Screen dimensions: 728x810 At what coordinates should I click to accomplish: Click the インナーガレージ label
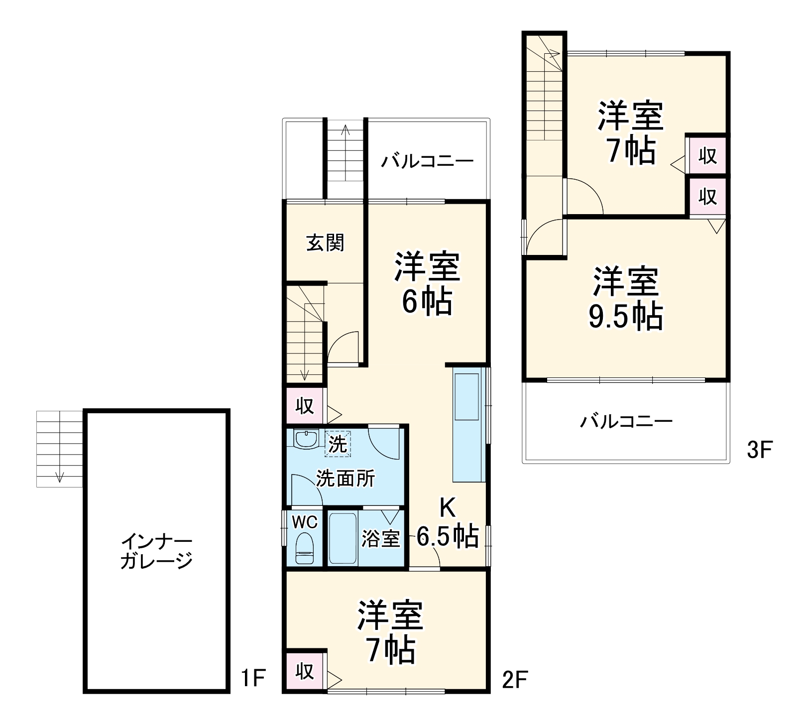(156, 551)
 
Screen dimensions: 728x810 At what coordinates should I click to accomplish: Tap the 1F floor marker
(253, 678)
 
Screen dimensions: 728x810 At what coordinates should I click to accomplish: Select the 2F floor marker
(514, 679)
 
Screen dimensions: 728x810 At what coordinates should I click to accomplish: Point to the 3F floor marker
(759, 450)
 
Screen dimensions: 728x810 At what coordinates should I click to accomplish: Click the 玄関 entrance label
(325, 243)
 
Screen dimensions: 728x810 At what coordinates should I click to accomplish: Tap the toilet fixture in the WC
(304, 548)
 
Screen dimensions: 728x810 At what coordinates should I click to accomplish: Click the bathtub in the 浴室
(343, 538)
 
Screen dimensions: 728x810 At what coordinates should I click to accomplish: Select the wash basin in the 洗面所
(306, 439)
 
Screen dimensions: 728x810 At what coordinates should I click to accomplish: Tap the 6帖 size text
(427, 301)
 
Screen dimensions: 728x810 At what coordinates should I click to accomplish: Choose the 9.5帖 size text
(626, 317)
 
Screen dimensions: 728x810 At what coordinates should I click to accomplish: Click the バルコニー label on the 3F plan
(626, 422)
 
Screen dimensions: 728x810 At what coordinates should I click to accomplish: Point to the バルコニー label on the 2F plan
(427, 161)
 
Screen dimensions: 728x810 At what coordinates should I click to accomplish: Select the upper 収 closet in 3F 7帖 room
(707, 156)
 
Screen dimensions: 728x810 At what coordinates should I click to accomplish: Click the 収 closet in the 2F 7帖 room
(305, 671)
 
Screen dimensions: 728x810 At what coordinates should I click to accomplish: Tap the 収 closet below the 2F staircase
(305, 406)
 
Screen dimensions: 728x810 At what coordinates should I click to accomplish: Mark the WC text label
(304, 522)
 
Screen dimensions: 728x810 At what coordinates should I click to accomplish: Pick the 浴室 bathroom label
(380, 538)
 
